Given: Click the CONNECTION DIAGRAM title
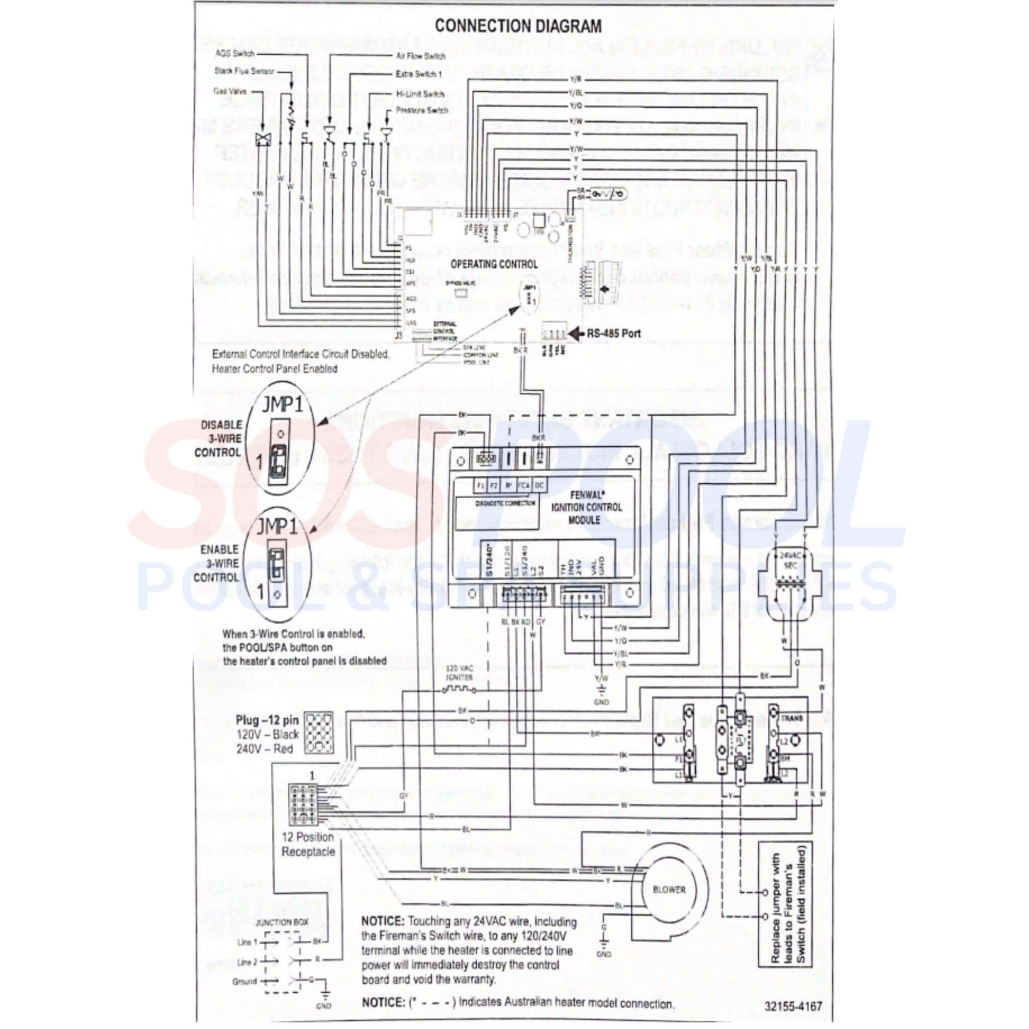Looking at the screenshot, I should click(x=518, y=26).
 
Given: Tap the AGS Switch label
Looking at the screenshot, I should click(x=234, y=54).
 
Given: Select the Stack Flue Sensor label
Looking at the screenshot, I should click(x=244, y=71).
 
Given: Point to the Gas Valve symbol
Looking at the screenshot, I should click(x=263, y=140).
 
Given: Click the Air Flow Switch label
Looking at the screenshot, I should click(x=420, y=56).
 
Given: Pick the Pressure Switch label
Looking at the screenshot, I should click(x=422, y=110).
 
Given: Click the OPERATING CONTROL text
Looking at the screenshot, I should click(x=494, y=264).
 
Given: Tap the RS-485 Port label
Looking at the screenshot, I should click(x=613, y=334).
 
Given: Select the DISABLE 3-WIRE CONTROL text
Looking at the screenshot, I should click(x=217, y=438).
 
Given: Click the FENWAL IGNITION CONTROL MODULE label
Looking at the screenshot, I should click(x=586, y=507).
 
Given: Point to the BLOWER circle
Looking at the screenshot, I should click(x=669, y=889).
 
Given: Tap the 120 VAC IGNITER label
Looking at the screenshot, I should click(x=459, y=673).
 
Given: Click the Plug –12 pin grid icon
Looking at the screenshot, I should click(x=318, y=733).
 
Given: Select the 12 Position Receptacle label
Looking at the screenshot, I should click(x=308, y=844).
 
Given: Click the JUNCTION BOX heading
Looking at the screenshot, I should click(x=282, y=922).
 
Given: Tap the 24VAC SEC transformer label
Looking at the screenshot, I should click(x=791, y=559).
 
